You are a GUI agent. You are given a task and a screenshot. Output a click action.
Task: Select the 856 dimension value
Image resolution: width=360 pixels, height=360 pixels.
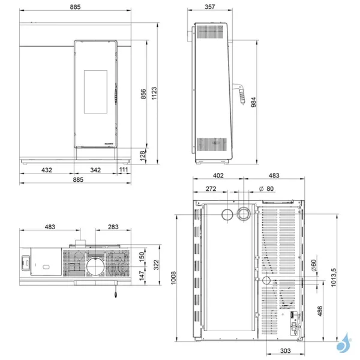[143, 94]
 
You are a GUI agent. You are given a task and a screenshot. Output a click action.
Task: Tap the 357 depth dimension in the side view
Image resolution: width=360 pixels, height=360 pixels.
[209, 6]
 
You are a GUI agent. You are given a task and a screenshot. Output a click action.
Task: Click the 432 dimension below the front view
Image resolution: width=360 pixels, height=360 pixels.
[46, 170]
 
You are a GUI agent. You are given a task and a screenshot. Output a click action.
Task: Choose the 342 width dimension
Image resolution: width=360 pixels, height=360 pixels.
[95, 170]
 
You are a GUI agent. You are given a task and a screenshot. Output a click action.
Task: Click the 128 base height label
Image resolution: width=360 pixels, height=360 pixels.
[143, 155]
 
